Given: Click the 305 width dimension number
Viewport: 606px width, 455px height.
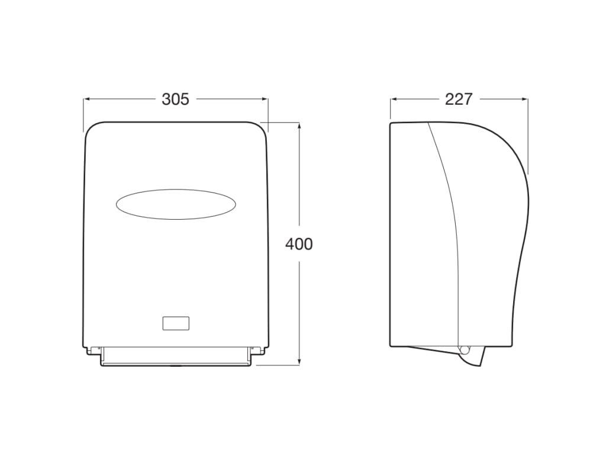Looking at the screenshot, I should click(x=176, y=100).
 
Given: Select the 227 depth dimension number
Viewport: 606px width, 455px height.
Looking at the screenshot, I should click(x=459, y=100).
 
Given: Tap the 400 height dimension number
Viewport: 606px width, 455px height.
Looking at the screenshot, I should click(x=299, y=243).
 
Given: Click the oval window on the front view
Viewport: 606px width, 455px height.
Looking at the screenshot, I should click(x=176, y=204).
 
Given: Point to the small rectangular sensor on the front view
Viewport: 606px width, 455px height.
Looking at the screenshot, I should click(x=176, y=323).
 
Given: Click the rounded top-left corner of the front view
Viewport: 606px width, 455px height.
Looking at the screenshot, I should click(x=89, y=127).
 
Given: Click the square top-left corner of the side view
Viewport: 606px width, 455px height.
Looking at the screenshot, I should click(x=391, y=124).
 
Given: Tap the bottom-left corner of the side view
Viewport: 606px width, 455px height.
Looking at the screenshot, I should click(x=391, y=345).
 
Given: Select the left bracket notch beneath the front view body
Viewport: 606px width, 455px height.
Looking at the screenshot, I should click(x=92, y=351).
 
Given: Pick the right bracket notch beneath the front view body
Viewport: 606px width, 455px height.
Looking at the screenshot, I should click(x=259, y=351).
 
